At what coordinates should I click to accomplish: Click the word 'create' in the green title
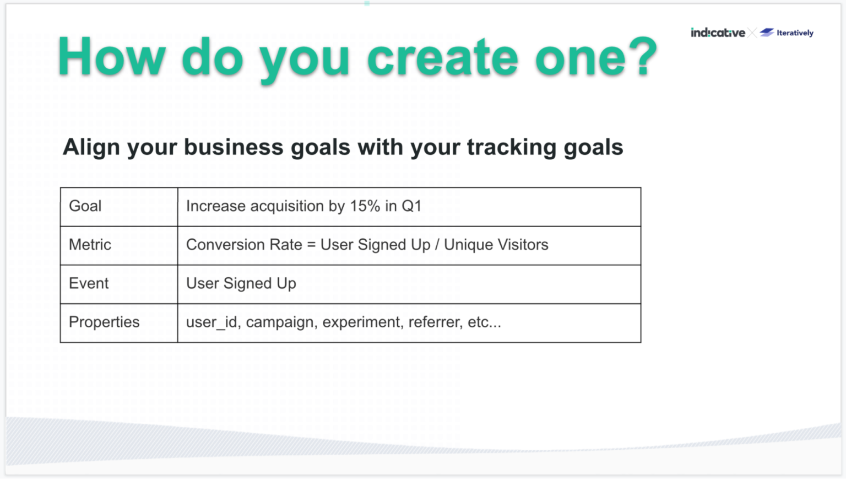pos(442,57)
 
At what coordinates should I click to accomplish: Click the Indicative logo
pos(718,33)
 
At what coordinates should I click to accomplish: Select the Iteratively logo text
pos(795,33)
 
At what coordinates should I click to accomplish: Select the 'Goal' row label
pos(85,206)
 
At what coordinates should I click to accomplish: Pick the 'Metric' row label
pos(90,245)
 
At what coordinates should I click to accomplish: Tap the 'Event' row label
pos(89,283)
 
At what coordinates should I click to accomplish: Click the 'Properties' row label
pos(104,322)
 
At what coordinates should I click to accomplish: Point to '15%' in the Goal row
pos(365,206)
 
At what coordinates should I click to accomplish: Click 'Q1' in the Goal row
pos(411,206)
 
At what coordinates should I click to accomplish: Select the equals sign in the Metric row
pos(311,245)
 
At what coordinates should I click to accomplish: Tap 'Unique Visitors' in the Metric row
pos(496,245)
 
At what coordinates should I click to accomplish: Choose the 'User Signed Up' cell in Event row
pos(241,283)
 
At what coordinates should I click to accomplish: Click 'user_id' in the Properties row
pos(212,322)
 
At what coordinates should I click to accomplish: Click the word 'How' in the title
pos(112,57)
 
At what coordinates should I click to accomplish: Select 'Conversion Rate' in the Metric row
pos(244,245)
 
